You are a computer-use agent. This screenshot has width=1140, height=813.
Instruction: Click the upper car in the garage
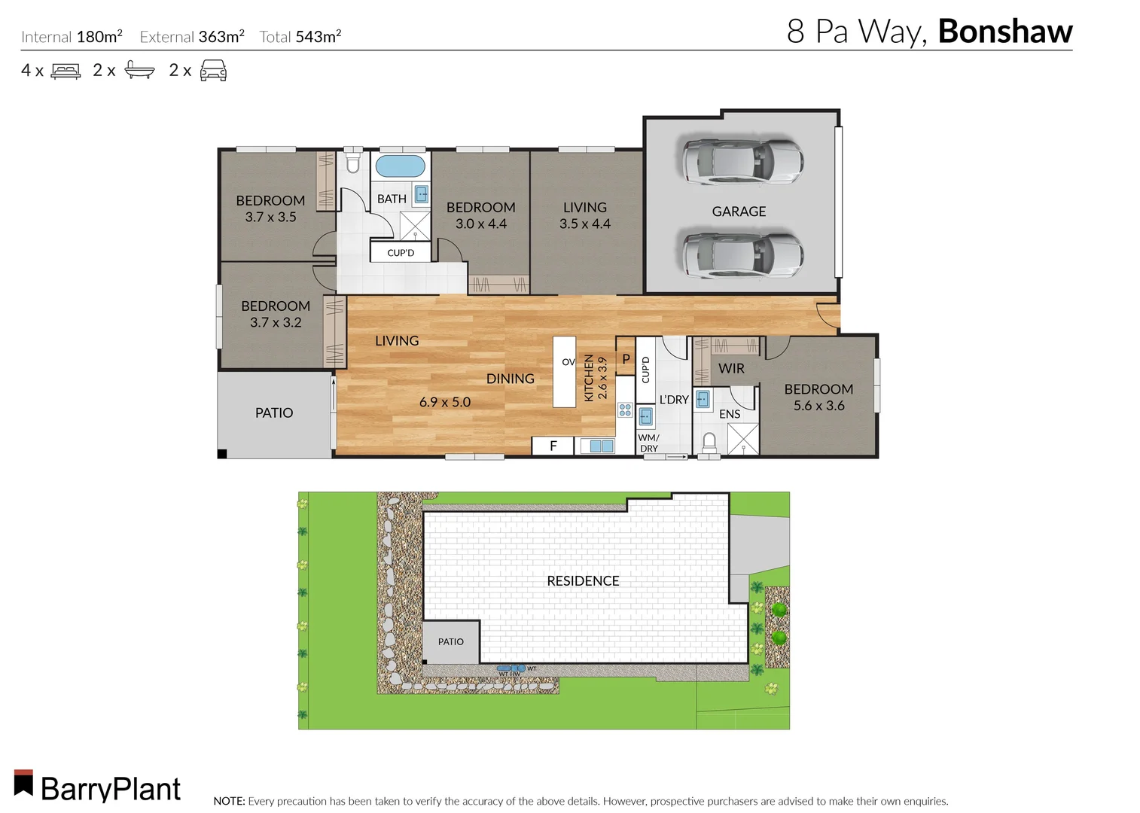[742, 160]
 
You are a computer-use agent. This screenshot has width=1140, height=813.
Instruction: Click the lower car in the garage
[742, 254]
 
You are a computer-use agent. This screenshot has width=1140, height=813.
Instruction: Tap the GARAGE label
[739, 212]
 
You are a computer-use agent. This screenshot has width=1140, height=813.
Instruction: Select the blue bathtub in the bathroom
[400, 166]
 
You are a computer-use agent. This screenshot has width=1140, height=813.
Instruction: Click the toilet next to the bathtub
[352, 162]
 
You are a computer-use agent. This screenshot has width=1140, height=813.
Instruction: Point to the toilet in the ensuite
[709, 443]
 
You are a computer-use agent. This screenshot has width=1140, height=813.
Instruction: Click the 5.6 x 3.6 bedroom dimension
[818, 406]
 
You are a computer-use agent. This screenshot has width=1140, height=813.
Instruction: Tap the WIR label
[731, 368]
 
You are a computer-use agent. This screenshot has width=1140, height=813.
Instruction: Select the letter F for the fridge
[553, 446]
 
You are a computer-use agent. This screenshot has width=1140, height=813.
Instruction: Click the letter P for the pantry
[626, 359]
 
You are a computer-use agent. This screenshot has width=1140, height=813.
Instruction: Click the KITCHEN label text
[589, 378]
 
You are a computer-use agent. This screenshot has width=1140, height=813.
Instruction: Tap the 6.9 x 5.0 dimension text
[444, 402]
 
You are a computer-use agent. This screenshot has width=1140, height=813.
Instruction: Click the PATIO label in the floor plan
[274, 413]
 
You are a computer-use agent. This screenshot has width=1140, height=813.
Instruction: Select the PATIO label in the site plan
[450, 641]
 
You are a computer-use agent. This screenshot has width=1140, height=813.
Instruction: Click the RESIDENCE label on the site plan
[583, 580]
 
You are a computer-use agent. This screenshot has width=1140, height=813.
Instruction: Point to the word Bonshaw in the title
[1004, 32]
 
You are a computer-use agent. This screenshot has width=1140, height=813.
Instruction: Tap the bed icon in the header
[66, 72]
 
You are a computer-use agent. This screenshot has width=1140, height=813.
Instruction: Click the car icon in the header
[213, 71]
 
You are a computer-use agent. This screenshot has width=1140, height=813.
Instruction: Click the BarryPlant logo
[98, 787]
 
